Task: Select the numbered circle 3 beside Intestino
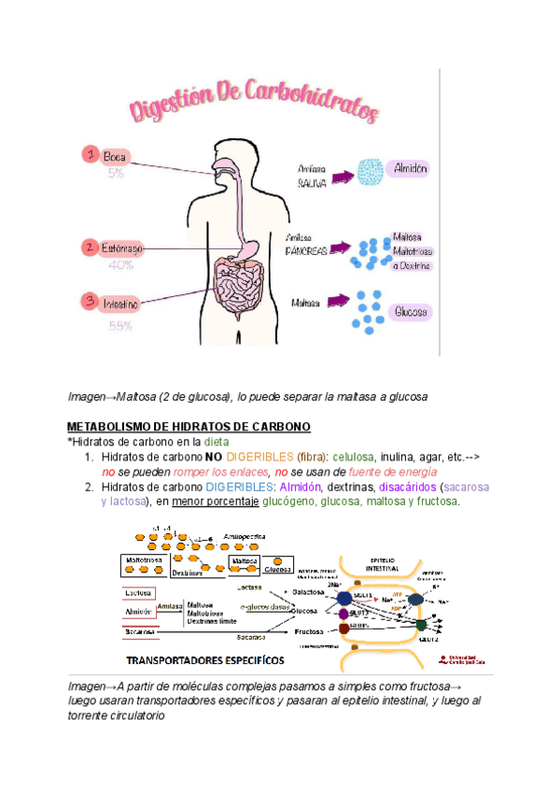tap(90, 301)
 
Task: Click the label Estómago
tap(123, 248)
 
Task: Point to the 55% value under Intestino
tap(120, 326)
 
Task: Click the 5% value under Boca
tap(116, 174)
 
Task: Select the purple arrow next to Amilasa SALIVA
tap(351, 174)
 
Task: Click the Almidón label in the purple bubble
tap(411, 169)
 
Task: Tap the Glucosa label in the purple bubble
tap(411, 311)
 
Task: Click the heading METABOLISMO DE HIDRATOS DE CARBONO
tap(189, 427)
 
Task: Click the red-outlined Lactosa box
tap(138, 592)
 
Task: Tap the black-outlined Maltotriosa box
tap(143, 560)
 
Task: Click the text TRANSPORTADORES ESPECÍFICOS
tap(205, 659)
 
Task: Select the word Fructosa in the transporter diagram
tap(308, 632)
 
